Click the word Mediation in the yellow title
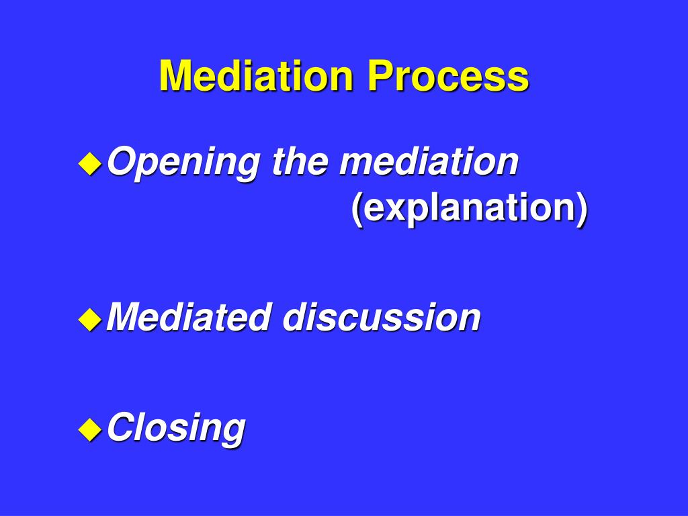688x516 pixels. [x=256, y=76]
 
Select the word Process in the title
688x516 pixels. [x=447, y=76]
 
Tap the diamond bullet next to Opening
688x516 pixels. [x=90, y=163]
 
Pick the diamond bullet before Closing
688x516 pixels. [x=90, y=428]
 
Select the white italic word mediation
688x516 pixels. [x=429, y=162]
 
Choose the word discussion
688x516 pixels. [x=381, y=317]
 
